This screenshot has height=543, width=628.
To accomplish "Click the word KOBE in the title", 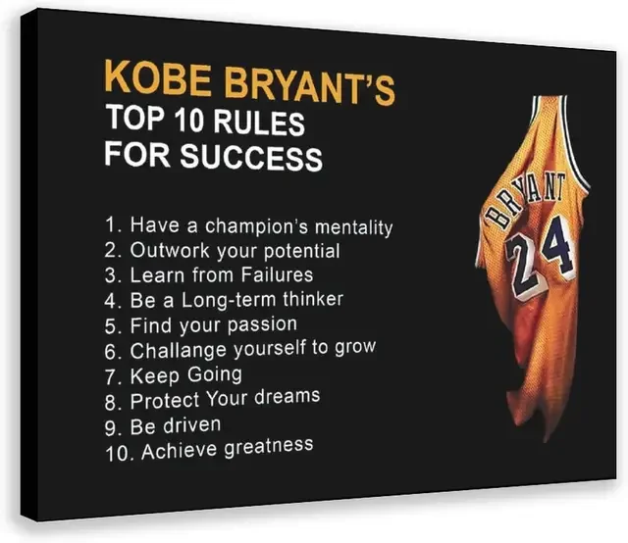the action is [x=158, y=77].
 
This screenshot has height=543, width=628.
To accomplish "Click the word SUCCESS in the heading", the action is [x=251, y=157].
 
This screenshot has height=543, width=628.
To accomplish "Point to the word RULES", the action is [x=259, y=123].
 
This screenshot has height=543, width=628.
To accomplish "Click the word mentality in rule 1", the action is [x=353, y=227].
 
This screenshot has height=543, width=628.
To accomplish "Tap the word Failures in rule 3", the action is [x=277, y=274].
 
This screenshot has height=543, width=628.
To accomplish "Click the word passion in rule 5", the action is [x=262, y=324].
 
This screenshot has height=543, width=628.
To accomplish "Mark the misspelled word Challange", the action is [x=179, y=351].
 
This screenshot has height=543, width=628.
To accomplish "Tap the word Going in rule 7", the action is [x=215, y=375].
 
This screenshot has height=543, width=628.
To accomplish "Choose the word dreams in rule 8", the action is [x=288, y=397].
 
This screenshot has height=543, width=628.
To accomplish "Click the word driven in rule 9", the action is [x=192, y=425].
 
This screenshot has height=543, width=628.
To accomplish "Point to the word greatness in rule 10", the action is [x=269, y=448].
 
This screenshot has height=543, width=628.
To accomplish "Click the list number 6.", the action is [x=111, y=352].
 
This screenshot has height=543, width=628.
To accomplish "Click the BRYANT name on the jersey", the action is [x=526, y=201].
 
